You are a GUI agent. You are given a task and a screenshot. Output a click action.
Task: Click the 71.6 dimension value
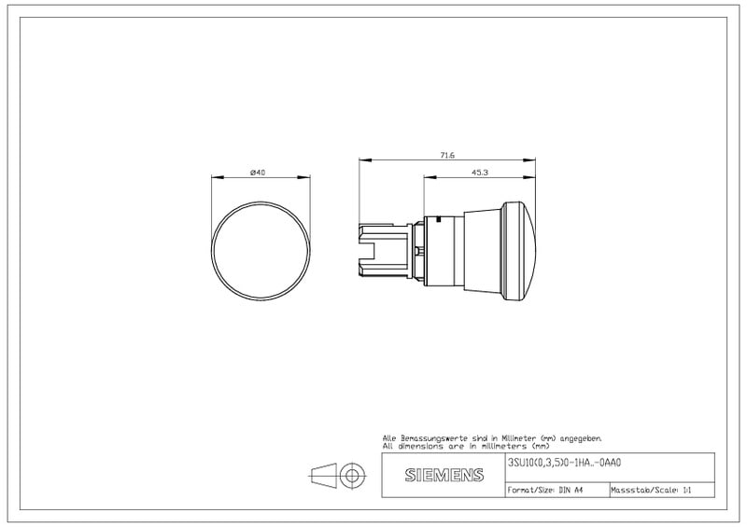coord(447,155)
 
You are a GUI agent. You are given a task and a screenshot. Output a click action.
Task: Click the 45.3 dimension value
coord(480,173)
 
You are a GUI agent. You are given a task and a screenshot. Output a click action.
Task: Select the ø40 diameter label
coord(258,173)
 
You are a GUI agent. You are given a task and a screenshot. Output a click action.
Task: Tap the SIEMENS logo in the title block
coord(444,475)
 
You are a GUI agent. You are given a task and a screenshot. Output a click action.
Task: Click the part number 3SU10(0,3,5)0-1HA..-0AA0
coord(565,463)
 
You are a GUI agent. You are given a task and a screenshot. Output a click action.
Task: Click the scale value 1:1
coord(686,490)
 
